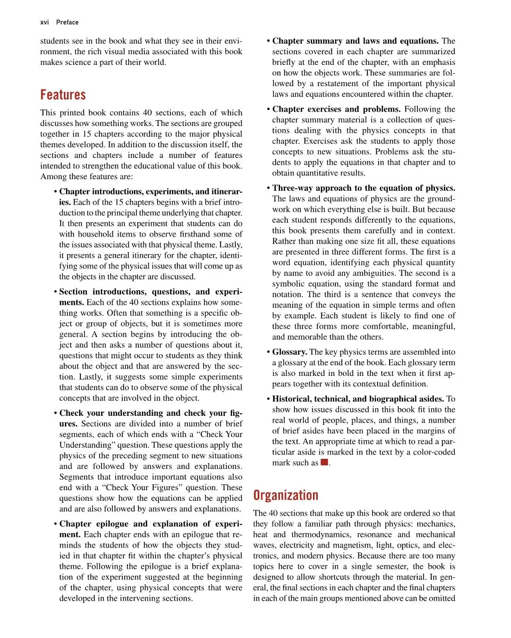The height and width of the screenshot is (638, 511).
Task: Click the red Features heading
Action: [x=63, y=95]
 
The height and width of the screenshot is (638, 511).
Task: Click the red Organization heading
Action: [x=285, y=496]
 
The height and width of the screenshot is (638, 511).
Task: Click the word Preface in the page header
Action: [x=68, y=22]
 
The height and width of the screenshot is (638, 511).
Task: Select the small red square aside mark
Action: [x=324, y=463]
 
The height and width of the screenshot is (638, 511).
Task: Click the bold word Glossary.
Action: [x=289, y=352]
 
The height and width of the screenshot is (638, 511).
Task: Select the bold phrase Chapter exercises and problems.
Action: [x=337, y=110]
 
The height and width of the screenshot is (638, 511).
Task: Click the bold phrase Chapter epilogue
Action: [x=96, y=524]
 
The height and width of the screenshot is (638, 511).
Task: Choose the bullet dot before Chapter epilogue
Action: [x=56, y=524]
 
